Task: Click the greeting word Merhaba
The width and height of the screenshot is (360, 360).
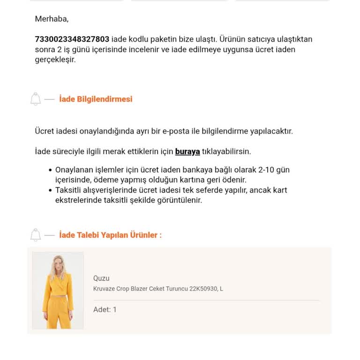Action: click(52, 19)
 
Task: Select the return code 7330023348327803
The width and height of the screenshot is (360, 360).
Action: click(72, 39)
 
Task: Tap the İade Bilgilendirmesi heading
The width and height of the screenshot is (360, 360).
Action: click(96, 99)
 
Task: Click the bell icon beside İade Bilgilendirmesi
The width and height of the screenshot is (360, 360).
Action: click(36, 99)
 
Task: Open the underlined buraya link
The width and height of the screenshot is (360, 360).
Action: click(187, 152)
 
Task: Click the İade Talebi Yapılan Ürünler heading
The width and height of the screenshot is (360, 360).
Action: click(110, 235)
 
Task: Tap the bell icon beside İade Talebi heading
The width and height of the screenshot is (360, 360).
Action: click(36, 235)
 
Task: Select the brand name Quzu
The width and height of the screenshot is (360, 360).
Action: click(101, 278)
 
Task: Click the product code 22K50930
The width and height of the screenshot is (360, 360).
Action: click(203, 289)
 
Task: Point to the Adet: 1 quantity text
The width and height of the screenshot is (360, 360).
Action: click(105, 310)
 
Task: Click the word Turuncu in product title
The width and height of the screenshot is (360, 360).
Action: click(177, 289)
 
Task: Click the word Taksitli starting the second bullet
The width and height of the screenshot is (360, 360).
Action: click(70, 190)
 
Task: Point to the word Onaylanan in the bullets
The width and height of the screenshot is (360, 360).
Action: click(75, 170)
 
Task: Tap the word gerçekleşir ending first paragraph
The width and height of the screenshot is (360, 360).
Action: click(55, 60)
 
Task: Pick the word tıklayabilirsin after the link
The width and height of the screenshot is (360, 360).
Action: click(226, 152)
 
